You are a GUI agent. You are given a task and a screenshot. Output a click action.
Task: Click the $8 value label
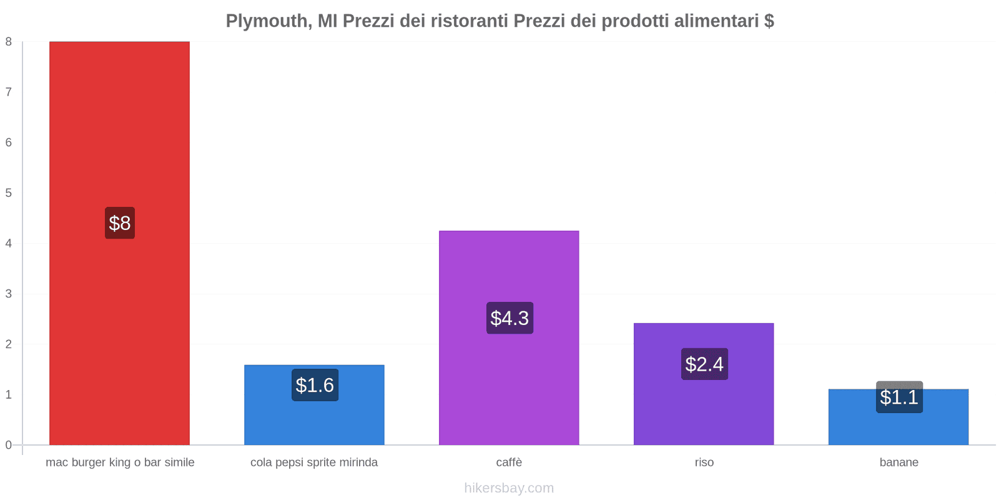pos(120,223)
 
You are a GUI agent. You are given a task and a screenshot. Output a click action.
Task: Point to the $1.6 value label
pos(315,385)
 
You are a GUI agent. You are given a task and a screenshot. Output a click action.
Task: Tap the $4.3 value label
pos(509,318)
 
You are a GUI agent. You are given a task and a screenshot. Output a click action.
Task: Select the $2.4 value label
pos(704,364)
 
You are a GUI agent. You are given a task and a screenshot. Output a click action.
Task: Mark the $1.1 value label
pos(899,397)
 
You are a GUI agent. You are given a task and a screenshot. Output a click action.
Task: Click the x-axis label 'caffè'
pos(509,462)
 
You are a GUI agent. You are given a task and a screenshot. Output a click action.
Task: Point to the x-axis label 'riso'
pos(704,462)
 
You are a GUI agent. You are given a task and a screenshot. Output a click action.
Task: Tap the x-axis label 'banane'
pos(898,462)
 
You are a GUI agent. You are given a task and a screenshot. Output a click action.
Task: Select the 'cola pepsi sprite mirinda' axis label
pos(314,462)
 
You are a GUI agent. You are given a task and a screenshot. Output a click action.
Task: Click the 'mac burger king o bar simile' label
pos(120,462)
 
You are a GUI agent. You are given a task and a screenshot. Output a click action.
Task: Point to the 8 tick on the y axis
pos(9,42)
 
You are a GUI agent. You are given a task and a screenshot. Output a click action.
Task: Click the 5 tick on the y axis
pos(9,193)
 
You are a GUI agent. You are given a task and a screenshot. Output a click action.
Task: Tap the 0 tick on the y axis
pos(9,445)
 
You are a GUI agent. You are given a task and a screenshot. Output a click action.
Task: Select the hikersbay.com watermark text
pos(509,488)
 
